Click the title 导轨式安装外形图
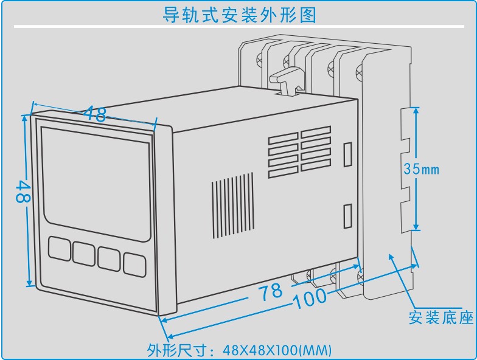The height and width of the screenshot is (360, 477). pyautogui.click(x=239, y=14)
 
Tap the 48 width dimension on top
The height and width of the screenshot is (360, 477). pyautogui.click(x=94, y=112)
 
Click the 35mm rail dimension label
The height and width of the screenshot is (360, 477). pyautogui.click(x=421, y=170)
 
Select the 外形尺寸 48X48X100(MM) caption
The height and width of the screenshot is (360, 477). pyautogui.click(x=239, y=350)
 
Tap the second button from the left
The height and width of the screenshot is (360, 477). pyautogui.click(x=83, y=252)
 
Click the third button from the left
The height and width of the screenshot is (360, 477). pyautogui.click(x=109, y=257)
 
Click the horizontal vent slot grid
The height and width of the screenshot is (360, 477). pyautogui.click(x=299, y=151)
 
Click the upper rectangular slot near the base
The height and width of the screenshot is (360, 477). pyautogui.click(x=348, y=154)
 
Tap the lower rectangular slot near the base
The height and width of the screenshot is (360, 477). pyautogui.click(x=348, y=215)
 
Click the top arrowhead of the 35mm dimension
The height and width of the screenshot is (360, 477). pyautogui.click(x=416, y=111)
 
